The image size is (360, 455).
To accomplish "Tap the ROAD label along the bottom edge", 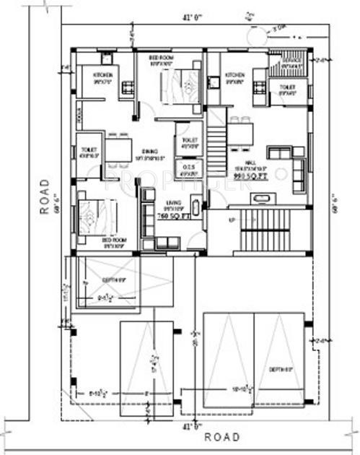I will (x=221, y=437).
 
